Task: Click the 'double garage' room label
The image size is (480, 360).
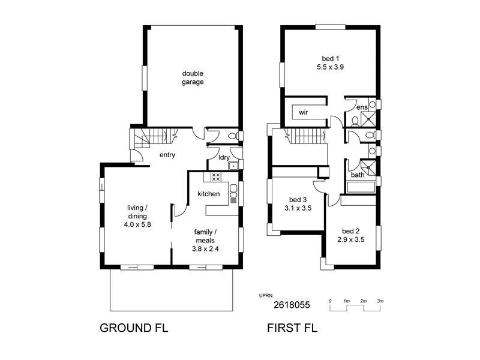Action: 193,78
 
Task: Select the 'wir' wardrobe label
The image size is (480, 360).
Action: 303,112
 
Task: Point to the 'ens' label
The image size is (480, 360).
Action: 362,107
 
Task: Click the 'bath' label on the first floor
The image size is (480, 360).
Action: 358,175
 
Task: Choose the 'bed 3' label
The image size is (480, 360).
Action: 298,200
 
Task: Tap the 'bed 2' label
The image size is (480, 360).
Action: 351,231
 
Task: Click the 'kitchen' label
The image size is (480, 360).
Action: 209,194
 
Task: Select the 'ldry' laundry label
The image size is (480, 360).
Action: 223,158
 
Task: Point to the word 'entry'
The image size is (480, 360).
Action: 167,155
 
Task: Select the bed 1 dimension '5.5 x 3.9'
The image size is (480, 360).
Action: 329,67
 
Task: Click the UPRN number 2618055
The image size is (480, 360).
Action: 292,305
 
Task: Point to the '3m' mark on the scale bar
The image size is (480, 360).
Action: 380,299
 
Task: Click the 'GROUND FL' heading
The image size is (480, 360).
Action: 133,328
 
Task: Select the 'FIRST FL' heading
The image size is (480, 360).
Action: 292,328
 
